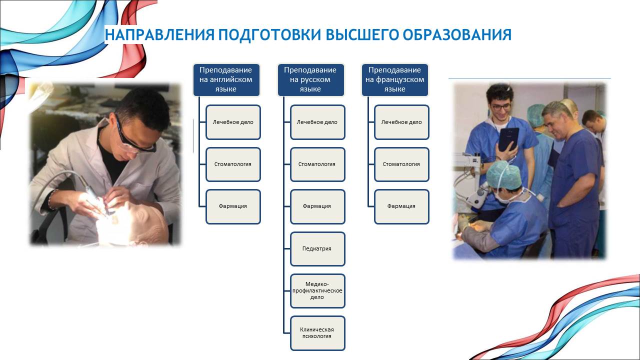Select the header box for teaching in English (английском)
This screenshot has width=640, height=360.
226,79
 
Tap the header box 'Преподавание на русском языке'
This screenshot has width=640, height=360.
311,79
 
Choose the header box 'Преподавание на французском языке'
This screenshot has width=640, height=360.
395,79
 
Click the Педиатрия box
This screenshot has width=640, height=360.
317,249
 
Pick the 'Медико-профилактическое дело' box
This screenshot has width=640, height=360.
317,291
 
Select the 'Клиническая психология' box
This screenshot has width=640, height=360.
317,333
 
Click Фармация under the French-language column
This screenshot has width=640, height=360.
401,206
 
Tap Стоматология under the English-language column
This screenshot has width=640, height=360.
233,164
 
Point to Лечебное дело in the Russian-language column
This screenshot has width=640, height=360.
317,122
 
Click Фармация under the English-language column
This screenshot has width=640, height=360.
233,206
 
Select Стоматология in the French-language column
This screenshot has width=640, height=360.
401,164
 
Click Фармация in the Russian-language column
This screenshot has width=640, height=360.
317,206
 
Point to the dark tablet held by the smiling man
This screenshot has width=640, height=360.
509,139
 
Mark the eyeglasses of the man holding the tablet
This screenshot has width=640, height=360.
501,107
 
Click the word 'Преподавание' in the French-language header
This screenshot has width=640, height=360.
394,70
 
